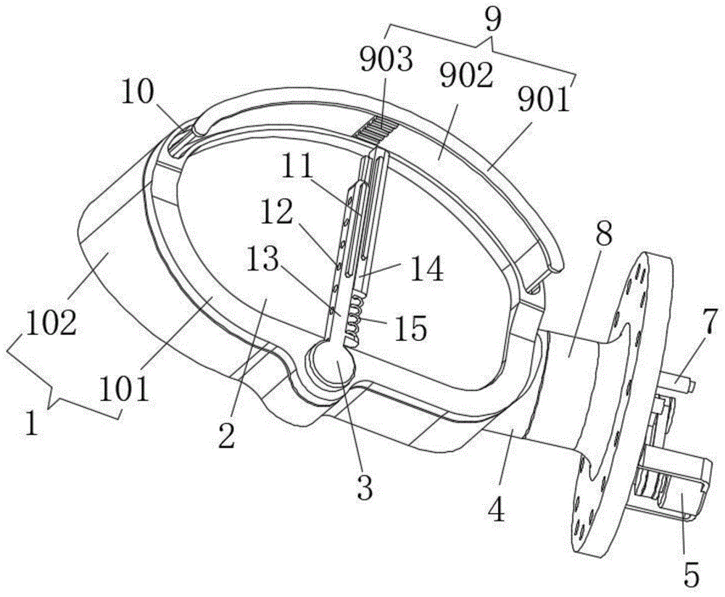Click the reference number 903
tap(386, 61)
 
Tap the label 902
tap(466, 76)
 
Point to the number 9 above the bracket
tap(493, 19)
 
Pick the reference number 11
tap(297, 167)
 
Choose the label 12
tap(277, 213)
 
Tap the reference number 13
tap(262, 259)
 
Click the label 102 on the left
tap(51, 323)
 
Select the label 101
tap(125, 390)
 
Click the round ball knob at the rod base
tap(331, 363)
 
